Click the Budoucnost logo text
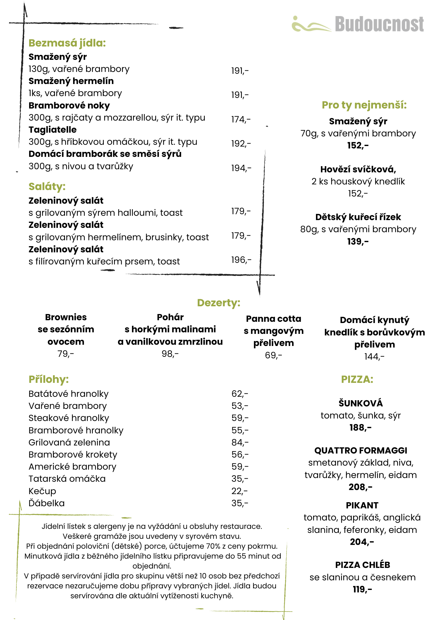(x=379, y=24)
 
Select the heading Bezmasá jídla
(x=67, y=43)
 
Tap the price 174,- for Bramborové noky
(x=241, y=119)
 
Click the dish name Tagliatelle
(x=52, y=130)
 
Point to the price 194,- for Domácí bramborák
(x=241, y=168)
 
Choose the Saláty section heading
(x=47, y=186)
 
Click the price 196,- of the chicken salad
(x=241, y=260)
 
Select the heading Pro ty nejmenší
(x=364, y=105)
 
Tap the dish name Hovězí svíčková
(x=358, y=169)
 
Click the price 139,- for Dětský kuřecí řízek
(x=358, y=241)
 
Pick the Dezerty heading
(x=219, y=303)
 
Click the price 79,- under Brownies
(x=66, y=353)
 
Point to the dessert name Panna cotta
(x=274, y=319)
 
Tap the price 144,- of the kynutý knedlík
(x=374, y=356)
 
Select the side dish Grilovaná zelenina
(x=69, y=442)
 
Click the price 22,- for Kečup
(x=239, y=491)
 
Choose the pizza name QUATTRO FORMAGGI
(x=361, y=450)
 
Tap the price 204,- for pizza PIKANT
(x=362, y=542)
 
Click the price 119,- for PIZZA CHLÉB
(x=362, y=589)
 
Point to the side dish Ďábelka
(x=46, y=503)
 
